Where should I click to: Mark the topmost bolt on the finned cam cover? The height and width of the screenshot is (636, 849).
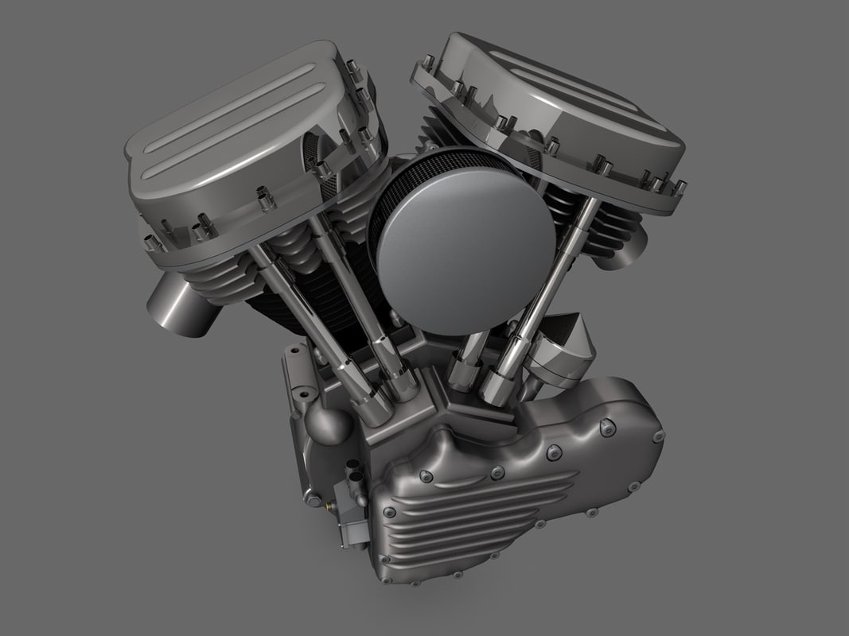coord(609,428)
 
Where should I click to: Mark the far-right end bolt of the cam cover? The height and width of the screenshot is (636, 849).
coord(658,436)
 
